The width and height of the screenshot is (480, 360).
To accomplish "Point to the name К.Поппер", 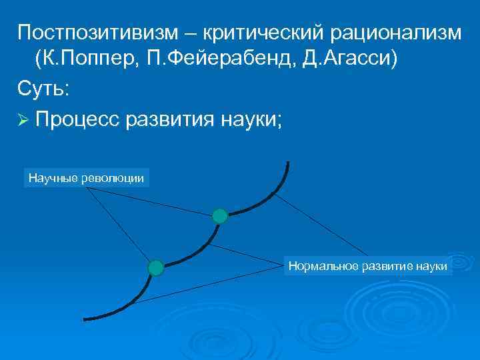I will click(84, 59).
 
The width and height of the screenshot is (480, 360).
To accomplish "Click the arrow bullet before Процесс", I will click(24, 119).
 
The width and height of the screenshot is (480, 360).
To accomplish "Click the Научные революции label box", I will click(87, 178).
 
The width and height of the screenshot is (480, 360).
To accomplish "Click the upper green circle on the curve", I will click(220, 215).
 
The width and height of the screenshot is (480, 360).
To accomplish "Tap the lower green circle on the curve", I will click(155, 268).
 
